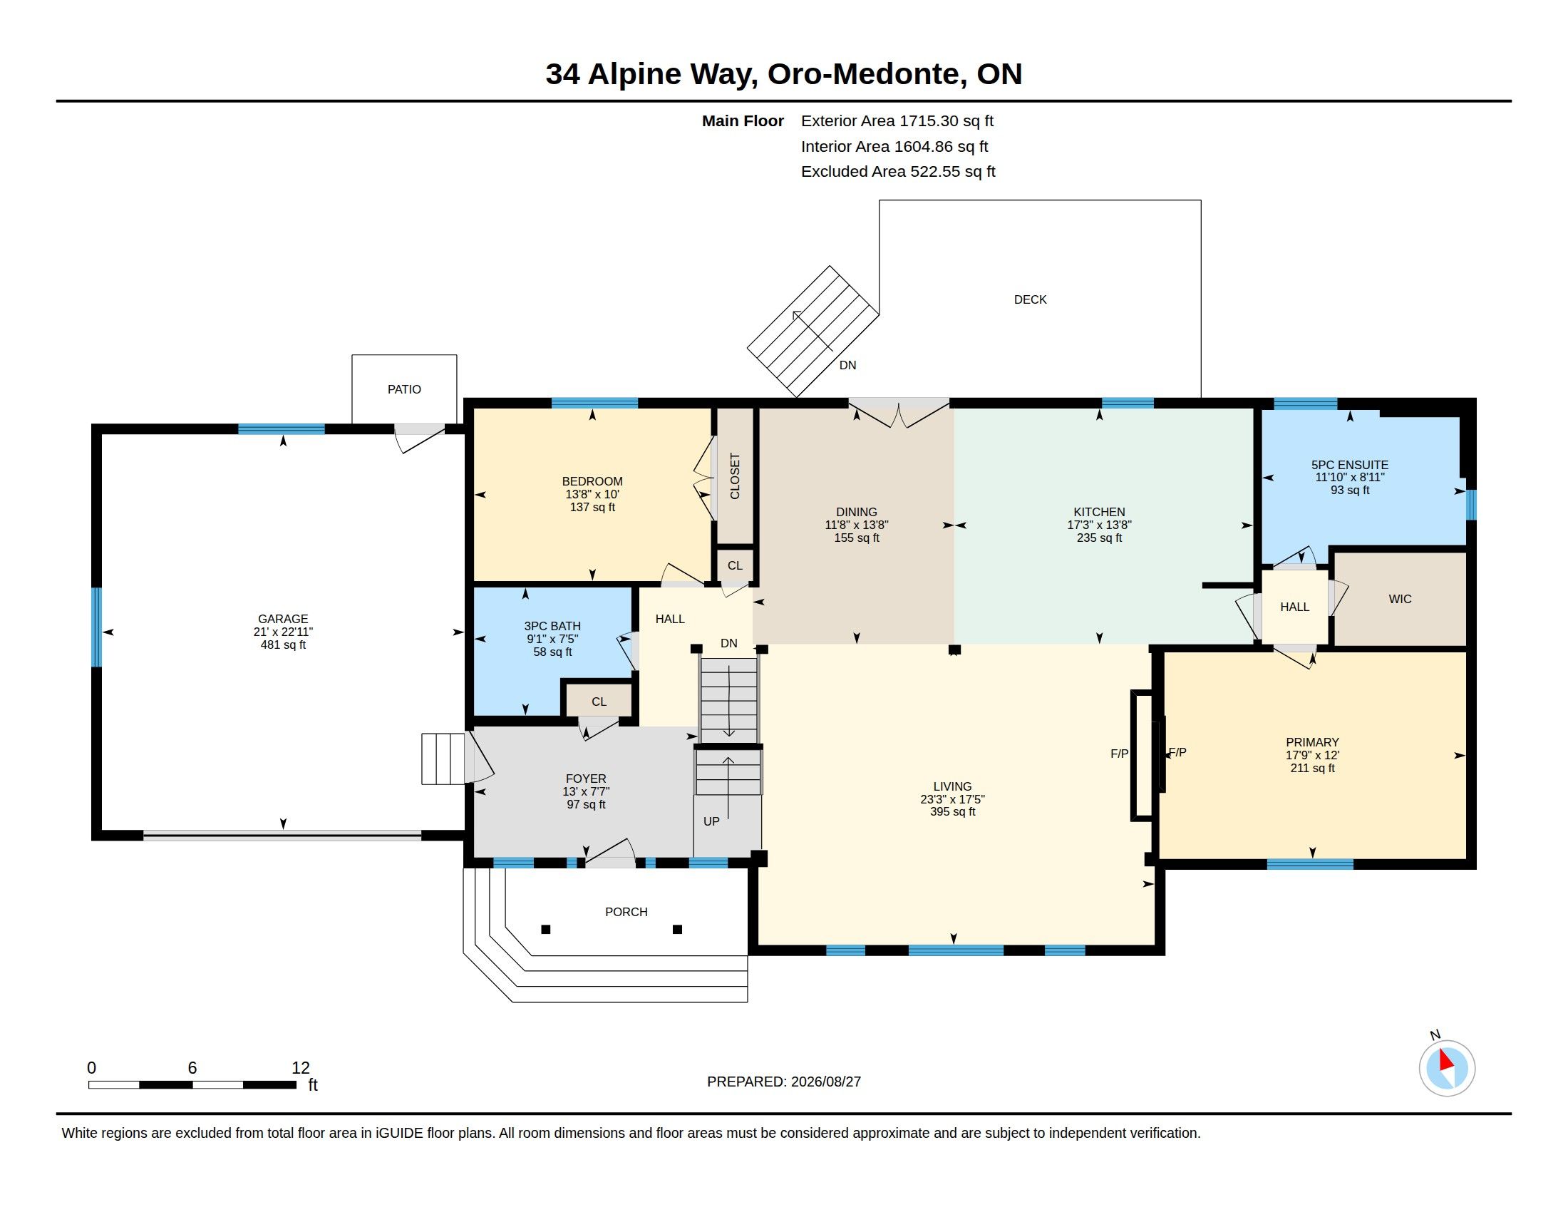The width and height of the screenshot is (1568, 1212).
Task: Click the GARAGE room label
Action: point(283,619)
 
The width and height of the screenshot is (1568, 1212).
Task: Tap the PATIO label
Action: point(404,389)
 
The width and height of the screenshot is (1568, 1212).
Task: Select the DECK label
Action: point(1031,299)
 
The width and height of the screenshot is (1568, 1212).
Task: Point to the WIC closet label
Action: point(1400,599)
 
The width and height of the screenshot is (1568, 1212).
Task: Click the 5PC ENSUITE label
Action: point(1350,465)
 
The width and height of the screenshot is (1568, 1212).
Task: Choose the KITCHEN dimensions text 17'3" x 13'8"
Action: point(1099,525)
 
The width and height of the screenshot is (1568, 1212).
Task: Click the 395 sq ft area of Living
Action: point(953,811)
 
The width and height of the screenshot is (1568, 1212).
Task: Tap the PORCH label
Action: point(626,912)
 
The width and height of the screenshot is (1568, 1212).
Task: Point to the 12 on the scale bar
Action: point(301,1068)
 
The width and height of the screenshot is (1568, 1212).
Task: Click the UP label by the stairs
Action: point(711,821)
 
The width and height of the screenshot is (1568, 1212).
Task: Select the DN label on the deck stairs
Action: point(848,365)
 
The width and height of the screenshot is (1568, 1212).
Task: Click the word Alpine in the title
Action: point(634,74)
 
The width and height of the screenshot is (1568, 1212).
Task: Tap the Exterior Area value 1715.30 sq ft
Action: point(947,120)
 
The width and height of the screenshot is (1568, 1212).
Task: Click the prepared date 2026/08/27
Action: point(825,1082)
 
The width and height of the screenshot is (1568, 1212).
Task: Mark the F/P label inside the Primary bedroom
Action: point(1177,751)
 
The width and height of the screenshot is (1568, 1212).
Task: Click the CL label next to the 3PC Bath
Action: point(599,702)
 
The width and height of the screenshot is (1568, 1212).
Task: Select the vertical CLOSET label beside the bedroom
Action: point(734,476)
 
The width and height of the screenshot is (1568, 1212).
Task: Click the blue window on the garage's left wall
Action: point(96,627)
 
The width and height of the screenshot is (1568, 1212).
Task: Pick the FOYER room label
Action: point(586,779)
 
